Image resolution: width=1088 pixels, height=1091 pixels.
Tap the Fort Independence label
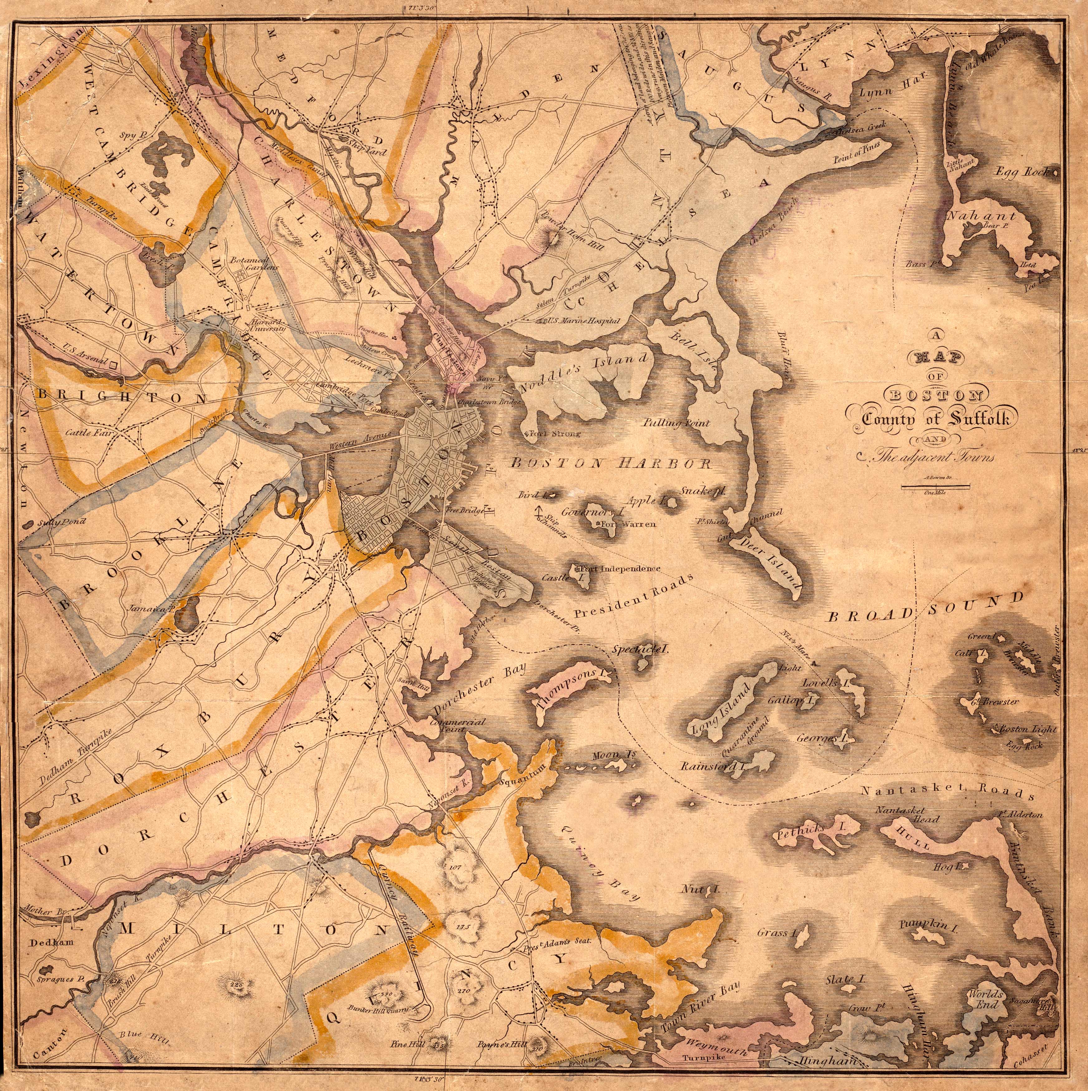point(621,569)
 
